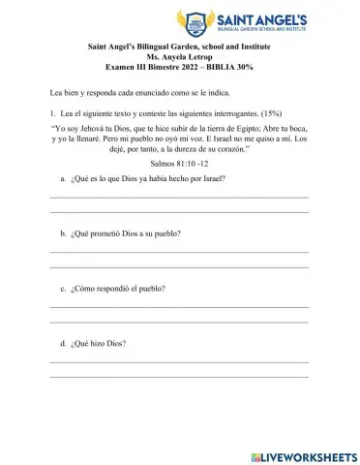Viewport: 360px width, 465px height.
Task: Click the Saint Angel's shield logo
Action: pos(197,21)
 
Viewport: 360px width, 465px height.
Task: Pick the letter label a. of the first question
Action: pos(63,179)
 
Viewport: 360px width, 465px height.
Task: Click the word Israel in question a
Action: pos(211,179)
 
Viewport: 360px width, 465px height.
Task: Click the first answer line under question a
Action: pos(179,198)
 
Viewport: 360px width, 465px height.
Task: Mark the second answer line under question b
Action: pos(179,265)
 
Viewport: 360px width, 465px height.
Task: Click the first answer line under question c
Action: pos(179,307)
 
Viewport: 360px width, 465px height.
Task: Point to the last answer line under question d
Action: pos(179,375)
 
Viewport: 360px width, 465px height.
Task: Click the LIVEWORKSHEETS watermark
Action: pos(303,455)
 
